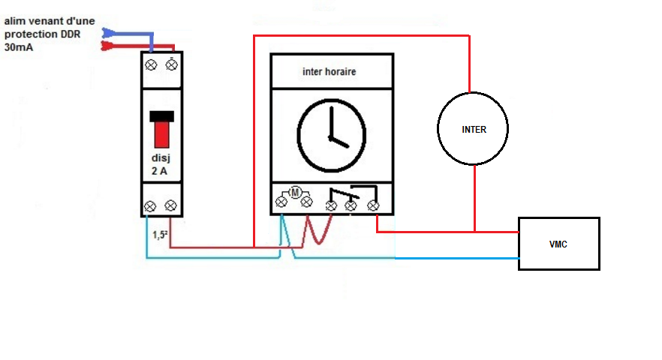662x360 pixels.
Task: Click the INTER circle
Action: tap(474, 129)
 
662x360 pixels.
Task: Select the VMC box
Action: tap(558, 244)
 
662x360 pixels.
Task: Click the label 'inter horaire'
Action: tap(329, 72)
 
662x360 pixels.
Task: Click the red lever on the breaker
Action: tap(162, 133)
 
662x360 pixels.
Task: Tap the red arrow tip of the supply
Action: tap(106, 46)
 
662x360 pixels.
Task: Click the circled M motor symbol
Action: tap(295, 193)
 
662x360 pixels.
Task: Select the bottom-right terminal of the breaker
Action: tap(171, 205)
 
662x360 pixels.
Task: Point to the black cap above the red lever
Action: tap(162, 115)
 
